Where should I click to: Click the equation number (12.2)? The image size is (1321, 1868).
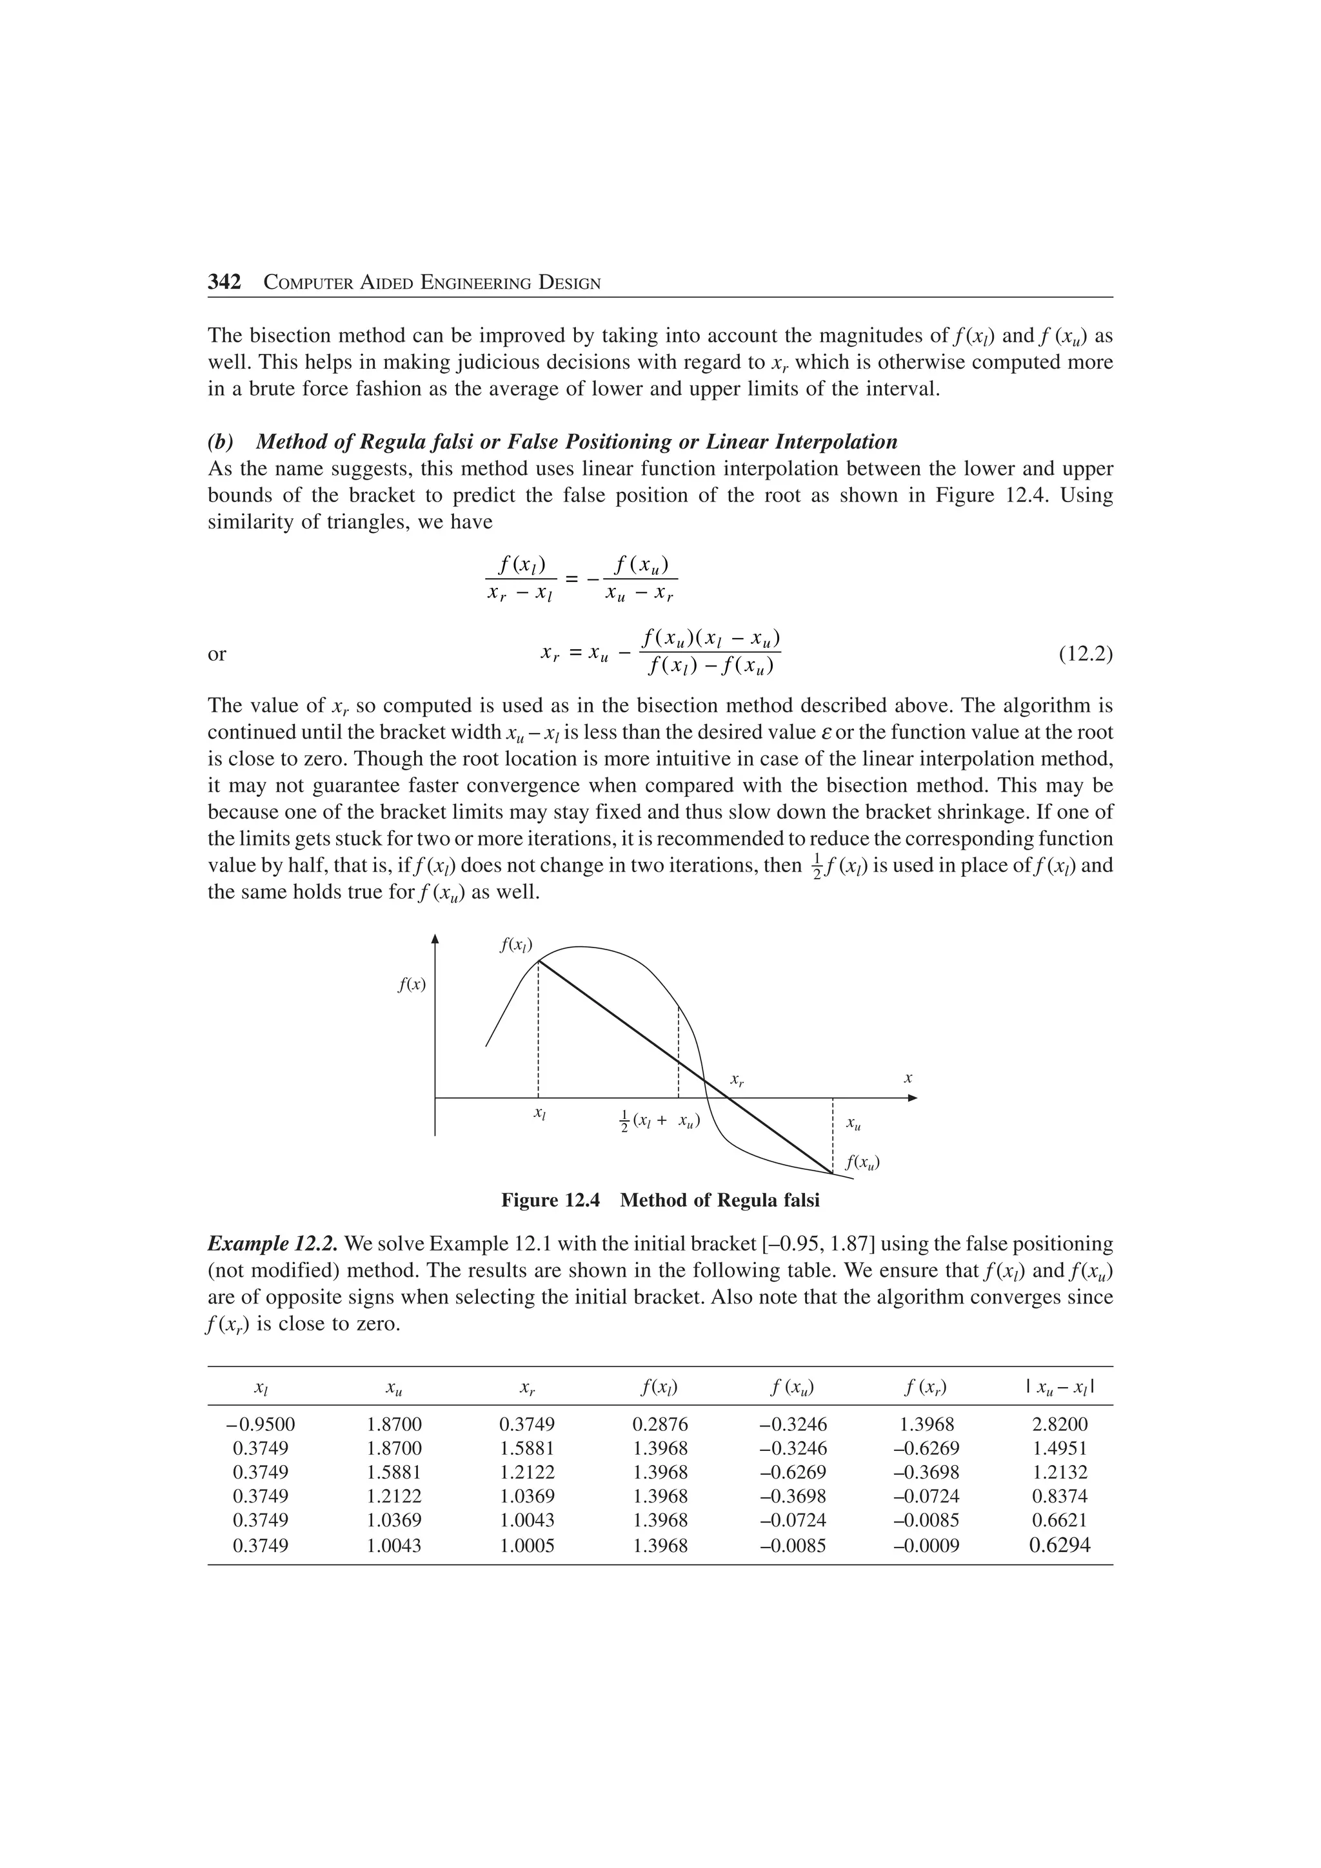pos(1085,654)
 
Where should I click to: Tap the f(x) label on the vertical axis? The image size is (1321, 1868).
pos(412,984)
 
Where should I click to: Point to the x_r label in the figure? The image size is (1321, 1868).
pos(737,1080)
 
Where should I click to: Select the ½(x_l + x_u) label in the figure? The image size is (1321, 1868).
pos(660,1120)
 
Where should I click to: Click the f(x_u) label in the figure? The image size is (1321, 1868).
pos(863,1162)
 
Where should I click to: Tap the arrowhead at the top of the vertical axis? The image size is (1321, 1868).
pos(435,939)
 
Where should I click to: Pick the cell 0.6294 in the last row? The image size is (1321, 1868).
pos(1060,1545)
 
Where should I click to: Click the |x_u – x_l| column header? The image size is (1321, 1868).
pos(1060,1386)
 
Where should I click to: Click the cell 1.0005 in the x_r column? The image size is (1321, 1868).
pos(526,1546)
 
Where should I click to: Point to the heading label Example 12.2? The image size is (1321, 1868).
pos(273,1244)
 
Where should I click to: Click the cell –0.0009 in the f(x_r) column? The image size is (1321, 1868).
pos(926,1546)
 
